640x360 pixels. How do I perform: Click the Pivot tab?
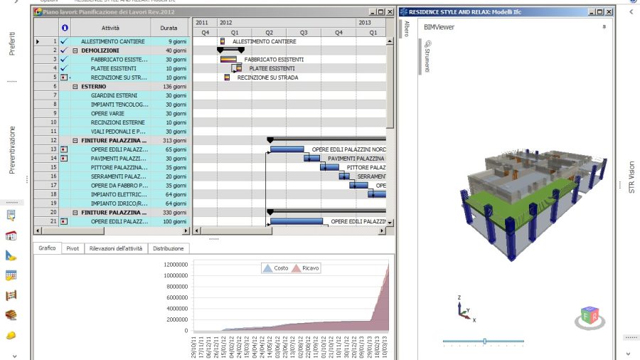click(73, 248)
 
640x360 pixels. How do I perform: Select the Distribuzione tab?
click(169, 248)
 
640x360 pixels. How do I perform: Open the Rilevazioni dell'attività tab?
click(115, 248)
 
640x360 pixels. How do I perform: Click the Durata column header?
click(169, 27)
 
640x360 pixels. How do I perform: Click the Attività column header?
click(110, 27)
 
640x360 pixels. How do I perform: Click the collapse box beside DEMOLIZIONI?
click(75, 51)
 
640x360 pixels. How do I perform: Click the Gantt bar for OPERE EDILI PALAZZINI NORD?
click(287, 149)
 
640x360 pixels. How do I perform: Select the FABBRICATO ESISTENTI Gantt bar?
click(228, 60)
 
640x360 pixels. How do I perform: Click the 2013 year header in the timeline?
click(364, 23)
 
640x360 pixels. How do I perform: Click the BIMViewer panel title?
click(439, 27)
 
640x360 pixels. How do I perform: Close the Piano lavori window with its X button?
click(390, 12)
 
